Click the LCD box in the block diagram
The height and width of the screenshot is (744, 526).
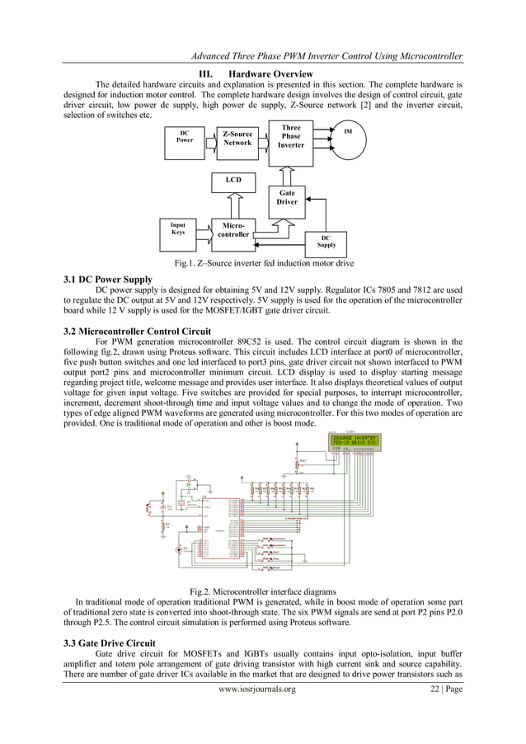click(x=232, y=180)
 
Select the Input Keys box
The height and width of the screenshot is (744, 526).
click(x=178, y=228)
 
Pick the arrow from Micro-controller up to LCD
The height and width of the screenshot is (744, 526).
click(x=232, y=203)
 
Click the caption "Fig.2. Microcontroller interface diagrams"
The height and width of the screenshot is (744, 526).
click(x=262, y=591)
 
